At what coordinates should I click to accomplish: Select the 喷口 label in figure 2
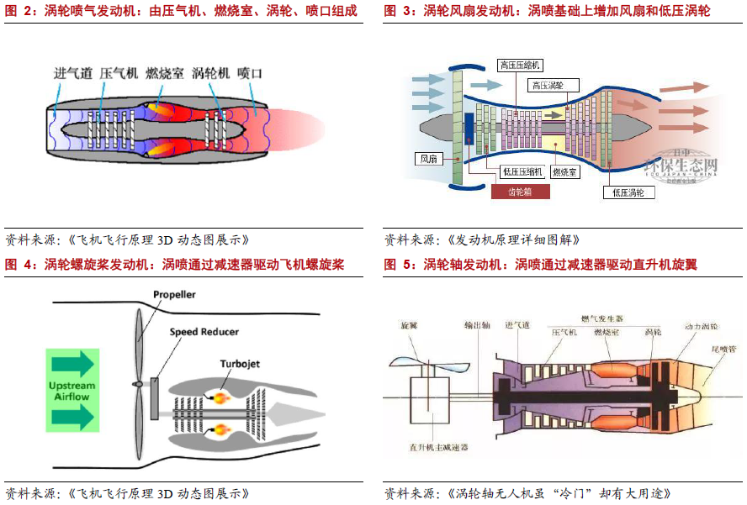(x=250, y=74)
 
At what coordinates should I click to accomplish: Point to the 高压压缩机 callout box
(x=521, y=65)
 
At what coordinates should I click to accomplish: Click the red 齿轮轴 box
(x=520, y=192)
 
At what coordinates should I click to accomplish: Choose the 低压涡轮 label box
(x=628, y=192)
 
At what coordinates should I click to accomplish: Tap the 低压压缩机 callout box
(x=522, y=171)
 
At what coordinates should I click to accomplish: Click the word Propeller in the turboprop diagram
(x=174, y=295)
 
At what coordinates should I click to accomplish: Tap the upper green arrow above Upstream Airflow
(x=72, y=364)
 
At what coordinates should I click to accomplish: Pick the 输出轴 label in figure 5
(x=477, y=324)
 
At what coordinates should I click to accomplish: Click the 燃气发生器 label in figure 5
(x=601, y=318)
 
